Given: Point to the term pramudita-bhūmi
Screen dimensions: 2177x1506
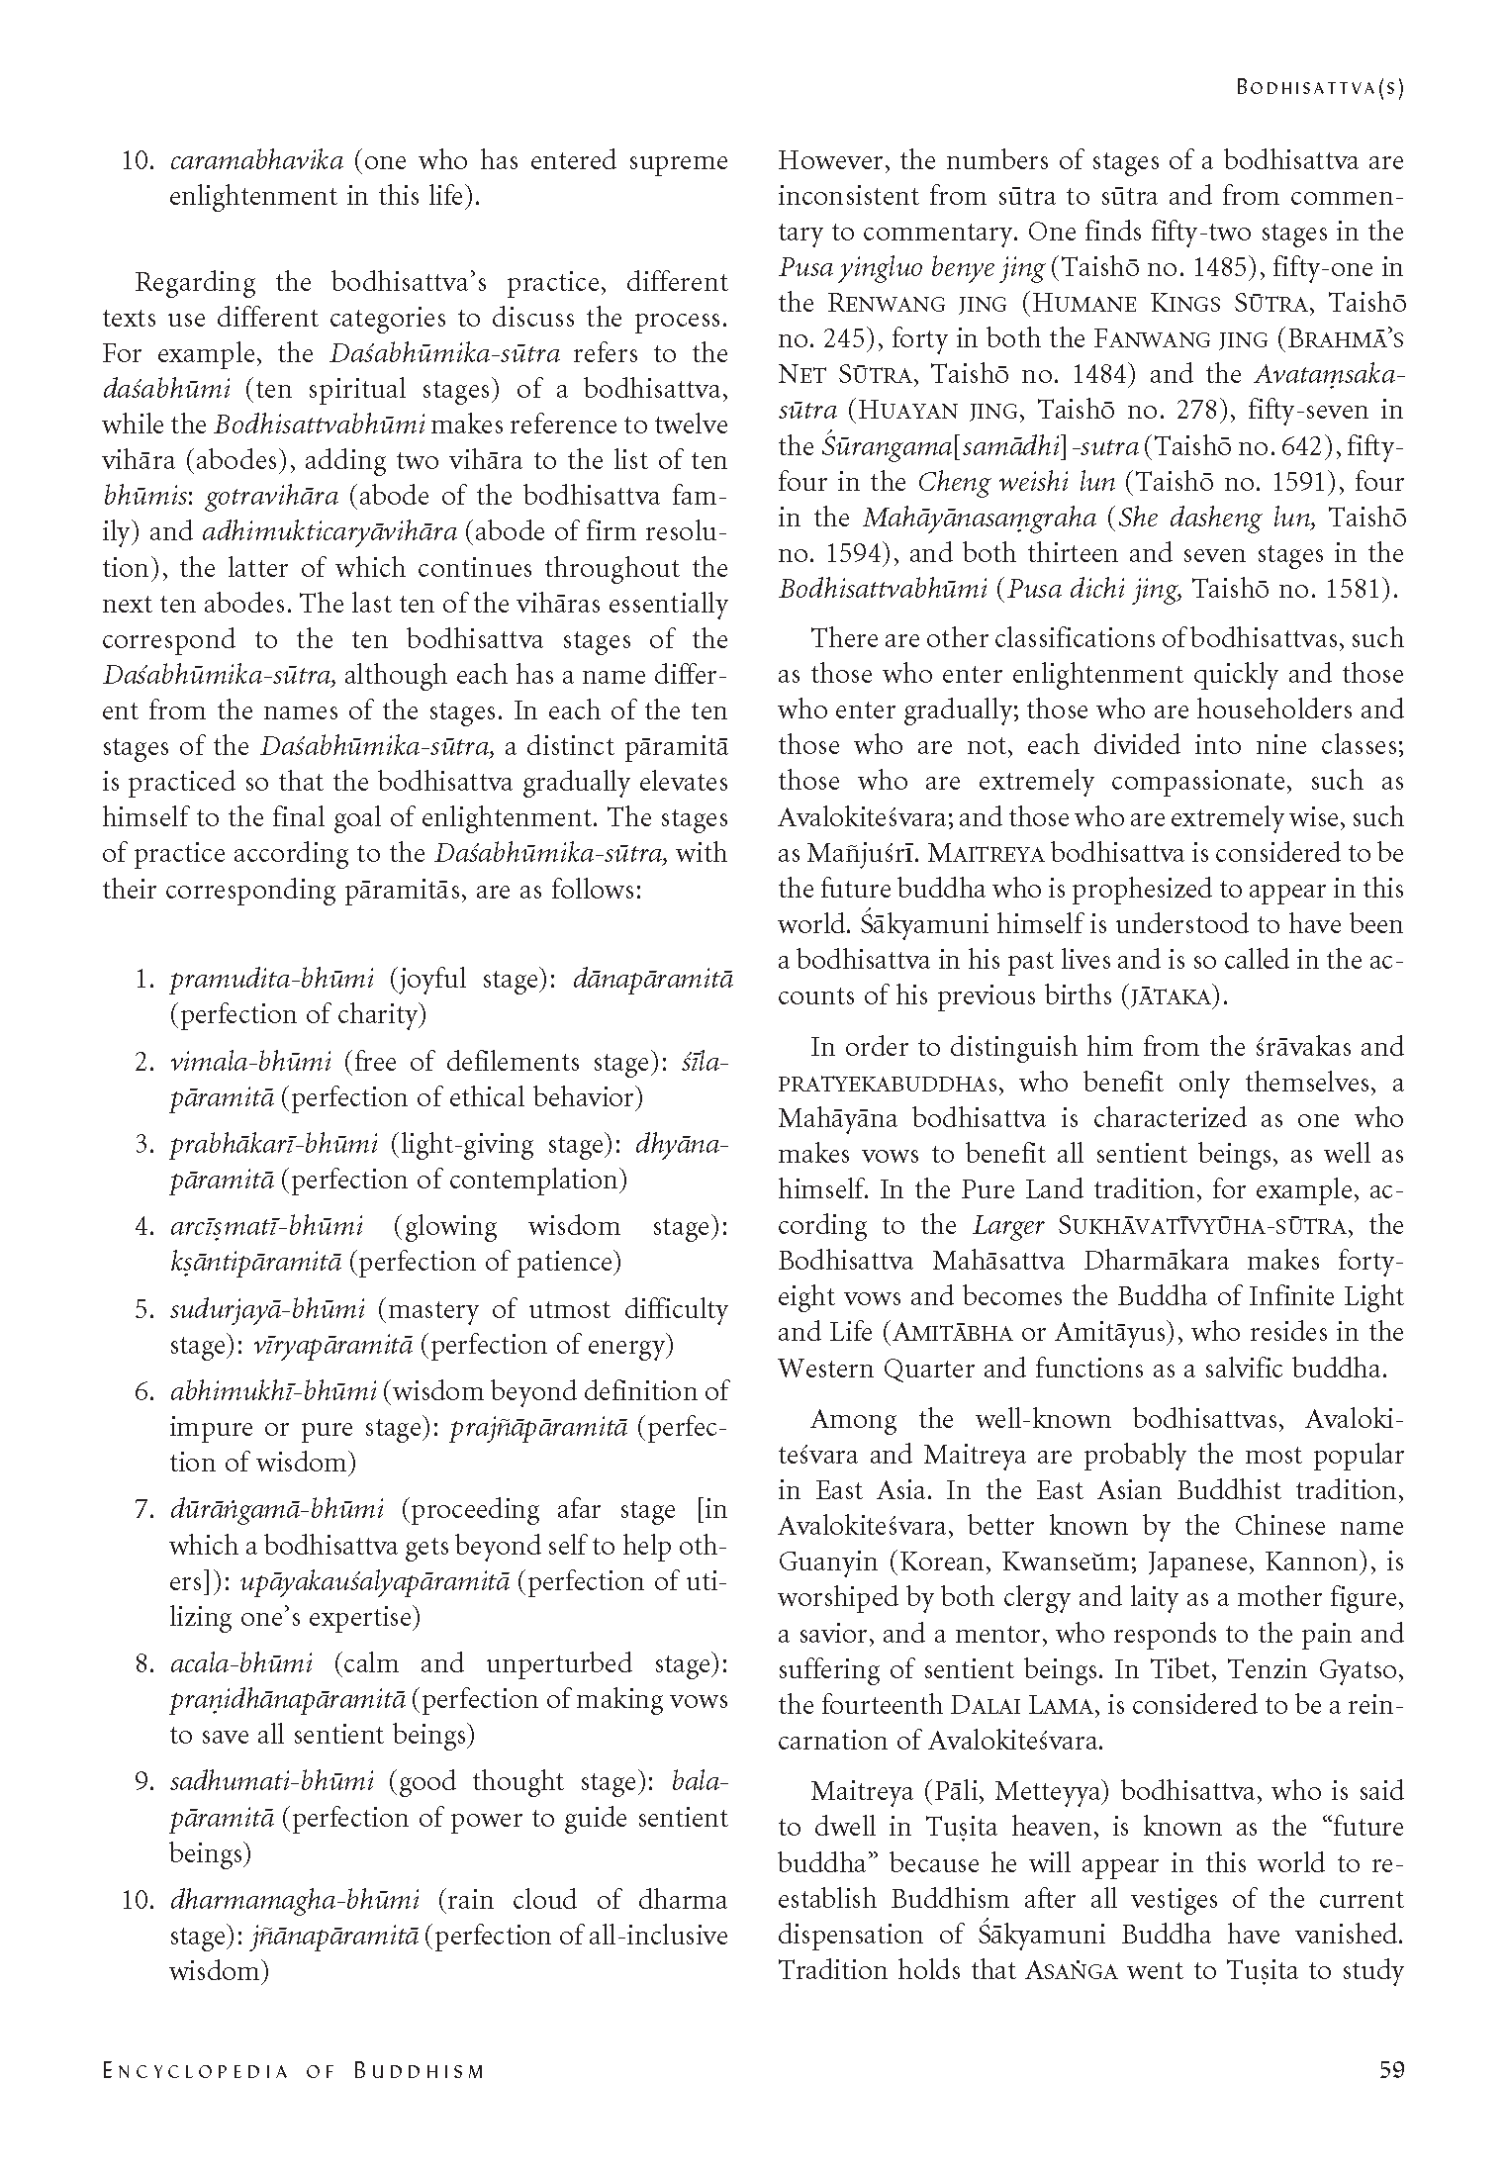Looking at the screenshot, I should tap(272, 980).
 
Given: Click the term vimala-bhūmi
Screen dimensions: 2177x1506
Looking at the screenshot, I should tap(250, 1062).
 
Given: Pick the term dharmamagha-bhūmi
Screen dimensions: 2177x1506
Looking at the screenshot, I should tap(294, 1899).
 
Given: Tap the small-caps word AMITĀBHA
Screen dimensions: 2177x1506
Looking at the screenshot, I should tap(953, 1333).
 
